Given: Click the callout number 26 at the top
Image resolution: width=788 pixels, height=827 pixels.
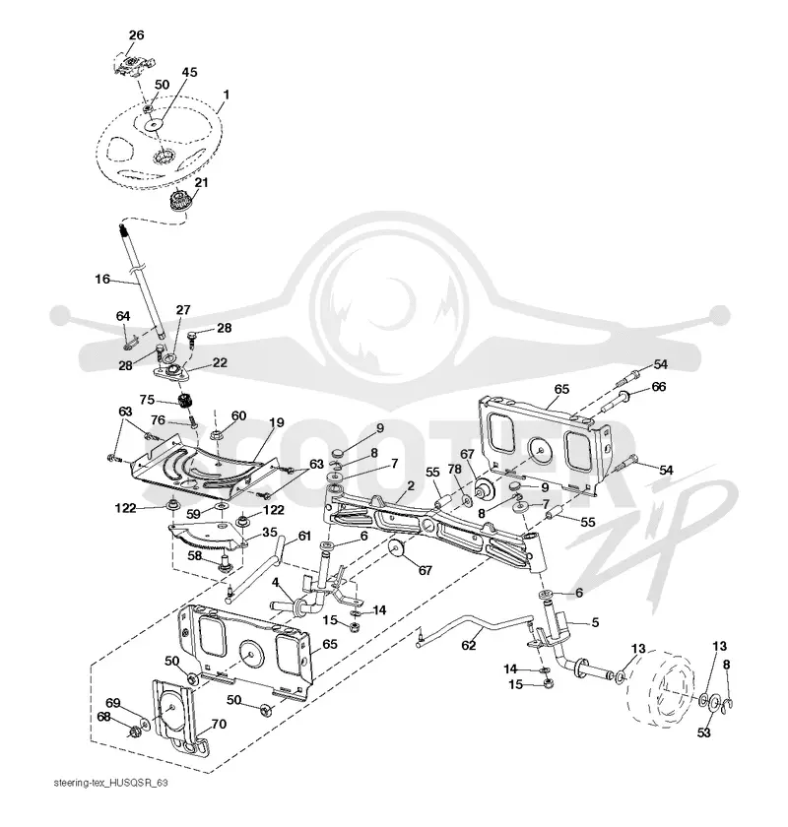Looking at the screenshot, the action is click(x=136, y=35).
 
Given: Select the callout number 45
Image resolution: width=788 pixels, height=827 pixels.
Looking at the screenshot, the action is click(x=189, y=72).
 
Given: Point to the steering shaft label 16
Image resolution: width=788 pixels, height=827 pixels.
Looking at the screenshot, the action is click(x=102, y=279).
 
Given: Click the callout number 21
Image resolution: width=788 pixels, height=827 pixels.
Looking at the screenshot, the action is click(x=201, y=183).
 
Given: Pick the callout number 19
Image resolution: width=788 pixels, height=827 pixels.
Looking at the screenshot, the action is click(x=277, y=422).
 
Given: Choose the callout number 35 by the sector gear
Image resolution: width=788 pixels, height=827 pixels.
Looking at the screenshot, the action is click(x=270, y=533).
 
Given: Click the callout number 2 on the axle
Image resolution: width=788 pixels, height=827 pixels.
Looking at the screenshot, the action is click(x=411, y=485).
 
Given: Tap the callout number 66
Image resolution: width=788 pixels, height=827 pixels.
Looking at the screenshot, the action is click(x=659, y=387).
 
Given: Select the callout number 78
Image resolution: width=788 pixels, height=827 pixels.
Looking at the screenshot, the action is click(x=454, y=469).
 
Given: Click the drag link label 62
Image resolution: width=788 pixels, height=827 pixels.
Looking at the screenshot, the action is click(x=469, y=645).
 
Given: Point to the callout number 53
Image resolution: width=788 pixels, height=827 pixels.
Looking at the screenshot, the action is click(x=703, y=732).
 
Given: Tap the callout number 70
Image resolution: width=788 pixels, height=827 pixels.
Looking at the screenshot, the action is click(x=219, y=725).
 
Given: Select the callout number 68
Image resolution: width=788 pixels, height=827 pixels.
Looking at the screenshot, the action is click(x=103, y=718).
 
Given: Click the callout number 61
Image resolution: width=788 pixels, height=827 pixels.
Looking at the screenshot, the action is click(x=304, y=537).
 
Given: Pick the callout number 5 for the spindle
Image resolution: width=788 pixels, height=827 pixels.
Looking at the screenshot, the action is click(x=595, y=622).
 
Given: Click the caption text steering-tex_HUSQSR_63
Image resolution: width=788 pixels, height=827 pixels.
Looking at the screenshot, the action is click(x=111, y=783).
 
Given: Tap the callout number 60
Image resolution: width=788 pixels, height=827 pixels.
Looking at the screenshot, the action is click(x=238, y=416).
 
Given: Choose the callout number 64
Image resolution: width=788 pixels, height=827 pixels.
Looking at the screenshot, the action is click(x=123, y=316).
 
